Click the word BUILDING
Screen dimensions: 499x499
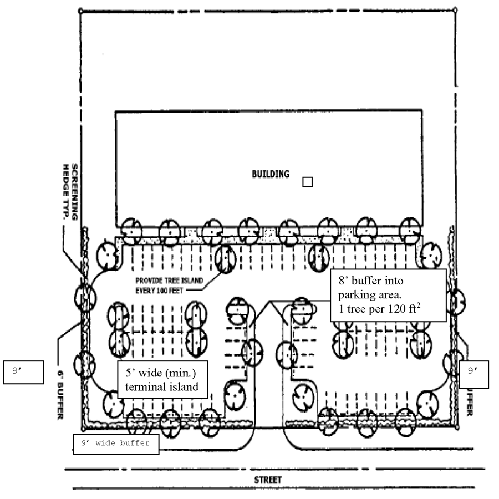click(271, 174)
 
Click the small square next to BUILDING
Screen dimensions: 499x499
click(307, 181)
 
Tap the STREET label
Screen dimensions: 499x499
click(268, 479)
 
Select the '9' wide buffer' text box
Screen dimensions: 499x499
click(115, 443)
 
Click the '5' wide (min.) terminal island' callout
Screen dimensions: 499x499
click(162, 380)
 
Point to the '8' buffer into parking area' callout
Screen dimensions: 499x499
click(388, 296)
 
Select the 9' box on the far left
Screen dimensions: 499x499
click(23, 372)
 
